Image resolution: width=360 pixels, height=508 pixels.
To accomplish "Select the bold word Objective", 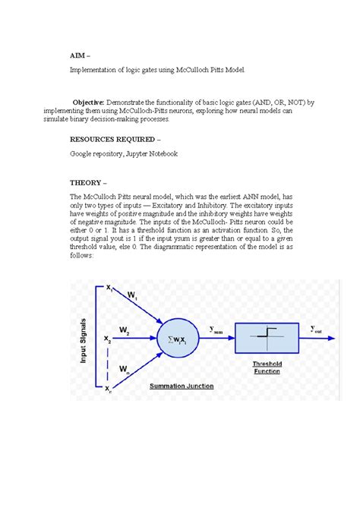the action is coord(88,102).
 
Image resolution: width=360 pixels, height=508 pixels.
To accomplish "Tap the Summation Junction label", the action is coord(182,386).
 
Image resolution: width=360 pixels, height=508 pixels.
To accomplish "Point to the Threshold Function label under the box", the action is coord(269,368).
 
